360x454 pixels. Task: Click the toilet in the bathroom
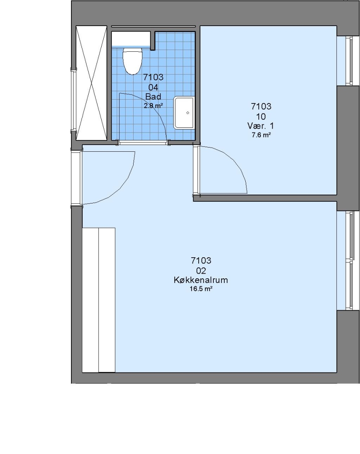point(133,61)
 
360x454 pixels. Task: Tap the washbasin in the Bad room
point(184,113)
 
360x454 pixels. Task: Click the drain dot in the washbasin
point(188,113)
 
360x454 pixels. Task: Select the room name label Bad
point(153,96)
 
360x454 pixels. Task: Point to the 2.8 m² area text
point(153,106)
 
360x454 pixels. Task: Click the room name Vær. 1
point(260,126)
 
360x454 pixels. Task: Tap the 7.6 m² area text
point(261,135)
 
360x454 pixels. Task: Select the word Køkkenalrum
point(201,280)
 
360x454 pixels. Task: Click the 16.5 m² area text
point(201,289)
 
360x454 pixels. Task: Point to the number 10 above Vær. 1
point(261,116)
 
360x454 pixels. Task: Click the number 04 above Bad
point(153,87)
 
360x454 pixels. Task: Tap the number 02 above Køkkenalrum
point(201,271)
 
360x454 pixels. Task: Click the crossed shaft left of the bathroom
point(92,83)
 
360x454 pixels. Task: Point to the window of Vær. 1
point(349,61)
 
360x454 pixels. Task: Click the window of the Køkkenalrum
point(349,260)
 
